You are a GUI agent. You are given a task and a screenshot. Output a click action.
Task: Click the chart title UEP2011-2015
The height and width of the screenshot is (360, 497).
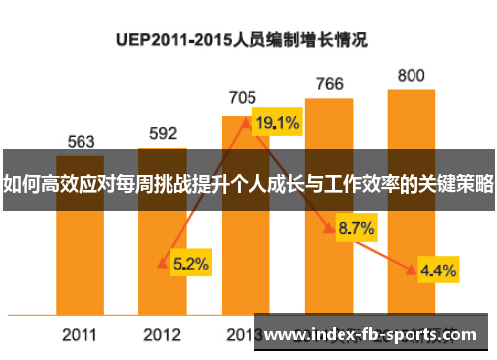click(x=243, y=41)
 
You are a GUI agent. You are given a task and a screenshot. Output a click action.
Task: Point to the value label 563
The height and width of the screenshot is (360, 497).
click(x=81, y=141)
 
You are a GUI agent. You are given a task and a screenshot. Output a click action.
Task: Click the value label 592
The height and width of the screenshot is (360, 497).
click(x=162, y=133)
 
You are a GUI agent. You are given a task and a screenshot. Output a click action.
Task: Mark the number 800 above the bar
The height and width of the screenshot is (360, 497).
click(x=411, y=75)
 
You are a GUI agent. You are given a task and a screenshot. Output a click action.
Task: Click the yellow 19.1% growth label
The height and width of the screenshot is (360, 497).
click(x=278, y=124)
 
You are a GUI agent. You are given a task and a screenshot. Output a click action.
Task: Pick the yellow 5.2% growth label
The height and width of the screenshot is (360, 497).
click(x=190, y=264)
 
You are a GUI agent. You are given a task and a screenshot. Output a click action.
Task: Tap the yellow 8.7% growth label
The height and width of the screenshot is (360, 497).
click(x=356, y=229)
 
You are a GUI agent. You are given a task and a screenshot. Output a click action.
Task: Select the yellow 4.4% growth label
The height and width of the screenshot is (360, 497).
click(x=438, y=270)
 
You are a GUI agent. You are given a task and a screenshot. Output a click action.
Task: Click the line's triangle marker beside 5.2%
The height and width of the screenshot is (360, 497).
click(x=162, y=264)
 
